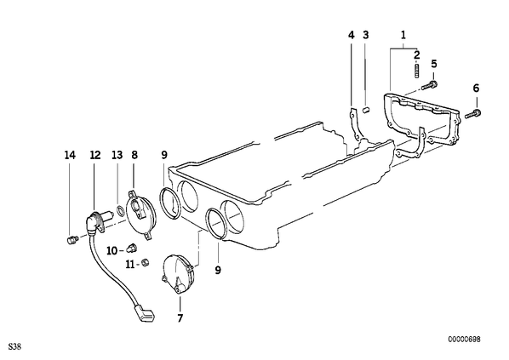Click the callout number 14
pyautogui.click(x=70, y=155)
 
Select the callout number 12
pyautogui.click(x=95, y=155)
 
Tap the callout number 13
pyautogui.click(x=117, y=155)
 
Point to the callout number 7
pyautogui.click(x=180, y=317)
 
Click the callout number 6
pyautogui.click(x=476, y=88)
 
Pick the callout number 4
pyautogui.click(x=352, y=35)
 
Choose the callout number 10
pyautogui.click(x=112, y=250)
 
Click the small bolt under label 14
pyautogui.click(x=72, y=241)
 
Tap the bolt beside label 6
pyautogui.click(x=473, y=114)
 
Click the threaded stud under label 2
pyautogui.click(x=417, y=71)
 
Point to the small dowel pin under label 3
pyautogui.click(x=366, y=110)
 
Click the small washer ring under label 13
pyautogui.click(x=120, y=211)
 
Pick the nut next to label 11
pyautogui.click(x=146, y=263)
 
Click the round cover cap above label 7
pyautogui.click(x=178, y=274)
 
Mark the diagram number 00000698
pyautogui.click(x=464, y=340)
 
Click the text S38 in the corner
pyautogui.click(x=15, y=346)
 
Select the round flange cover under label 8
pyautogui.click(x=140, y=215)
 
